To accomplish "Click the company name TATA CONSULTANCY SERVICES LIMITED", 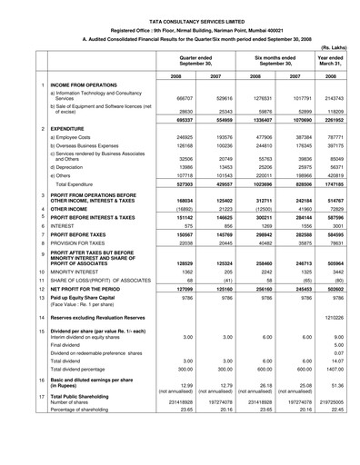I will (x=180, y=8).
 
